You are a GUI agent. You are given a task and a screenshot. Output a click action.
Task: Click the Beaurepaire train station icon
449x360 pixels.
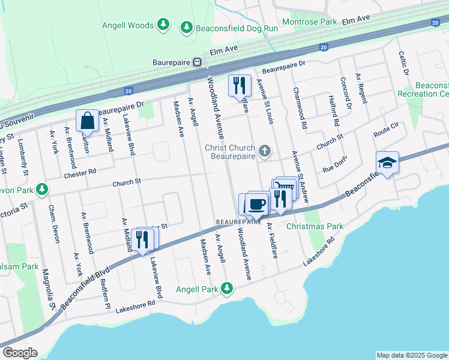point(196,62)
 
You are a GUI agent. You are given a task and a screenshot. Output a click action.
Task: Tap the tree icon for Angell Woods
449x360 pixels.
point(162,25)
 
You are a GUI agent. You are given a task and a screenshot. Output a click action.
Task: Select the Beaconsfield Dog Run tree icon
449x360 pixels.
point(187,27)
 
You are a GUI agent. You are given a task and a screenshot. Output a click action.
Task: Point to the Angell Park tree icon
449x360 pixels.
point(226,289)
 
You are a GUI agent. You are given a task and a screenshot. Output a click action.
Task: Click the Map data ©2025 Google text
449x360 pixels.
point(411,355)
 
